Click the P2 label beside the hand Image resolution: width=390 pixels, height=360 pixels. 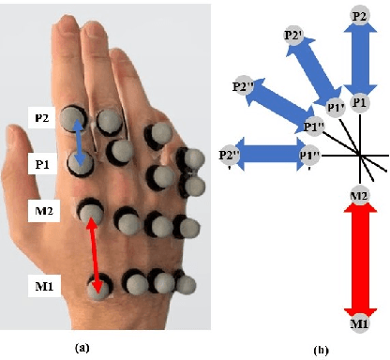click(x=41, y=119)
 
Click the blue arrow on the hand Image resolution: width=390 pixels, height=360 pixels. click(x=82, y=145)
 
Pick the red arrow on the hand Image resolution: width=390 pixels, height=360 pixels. click(x=95, y=251)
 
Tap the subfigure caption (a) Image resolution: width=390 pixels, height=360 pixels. click(x=85, y=347)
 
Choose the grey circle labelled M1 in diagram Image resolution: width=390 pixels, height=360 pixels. click(x=358, y=323)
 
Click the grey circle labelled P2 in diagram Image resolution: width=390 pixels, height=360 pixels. click(x=358, y=16)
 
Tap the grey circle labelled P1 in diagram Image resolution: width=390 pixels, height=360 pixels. click(x=358, y=101)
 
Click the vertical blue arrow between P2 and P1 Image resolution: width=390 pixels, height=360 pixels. click(x=358, y=58)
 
